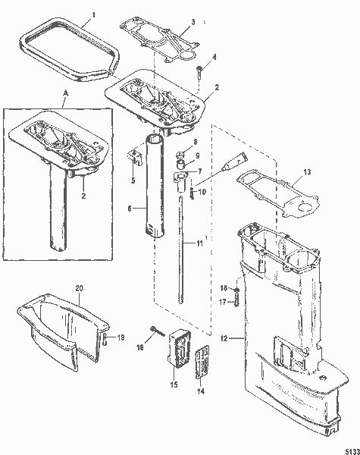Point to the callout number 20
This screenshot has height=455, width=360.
pos(79,288)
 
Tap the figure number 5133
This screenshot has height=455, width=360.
pos(349,447)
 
